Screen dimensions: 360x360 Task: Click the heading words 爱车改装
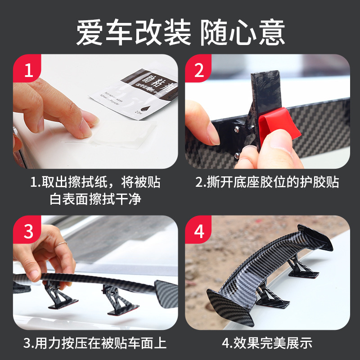134,32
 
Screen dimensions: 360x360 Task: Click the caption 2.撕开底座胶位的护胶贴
267,182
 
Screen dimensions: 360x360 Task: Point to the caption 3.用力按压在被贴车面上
95,343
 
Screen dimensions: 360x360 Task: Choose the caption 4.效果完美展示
267,343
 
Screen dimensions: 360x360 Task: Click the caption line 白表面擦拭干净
95,199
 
